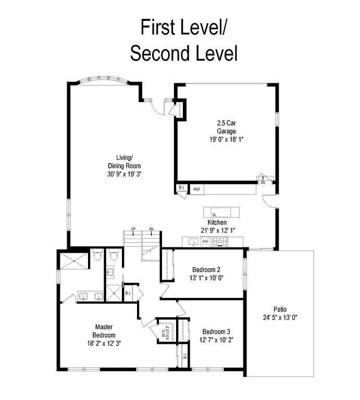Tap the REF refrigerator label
[197, 190]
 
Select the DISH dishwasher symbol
[206, 242]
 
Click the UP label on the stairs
[133, 229]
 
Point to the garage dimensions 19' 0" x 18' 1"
[227, 139]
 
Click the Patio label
[280, 309]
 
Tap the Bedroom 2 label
[206, 269]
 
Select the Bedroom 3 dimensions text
[217, 341]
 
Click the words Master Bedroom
[104, 331]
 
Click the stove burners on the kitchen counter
[221, 241]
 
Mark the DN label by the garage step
[263, 183]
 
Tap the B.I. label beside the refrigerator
[181, 187]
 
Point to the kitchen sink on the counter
[193, 242]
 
